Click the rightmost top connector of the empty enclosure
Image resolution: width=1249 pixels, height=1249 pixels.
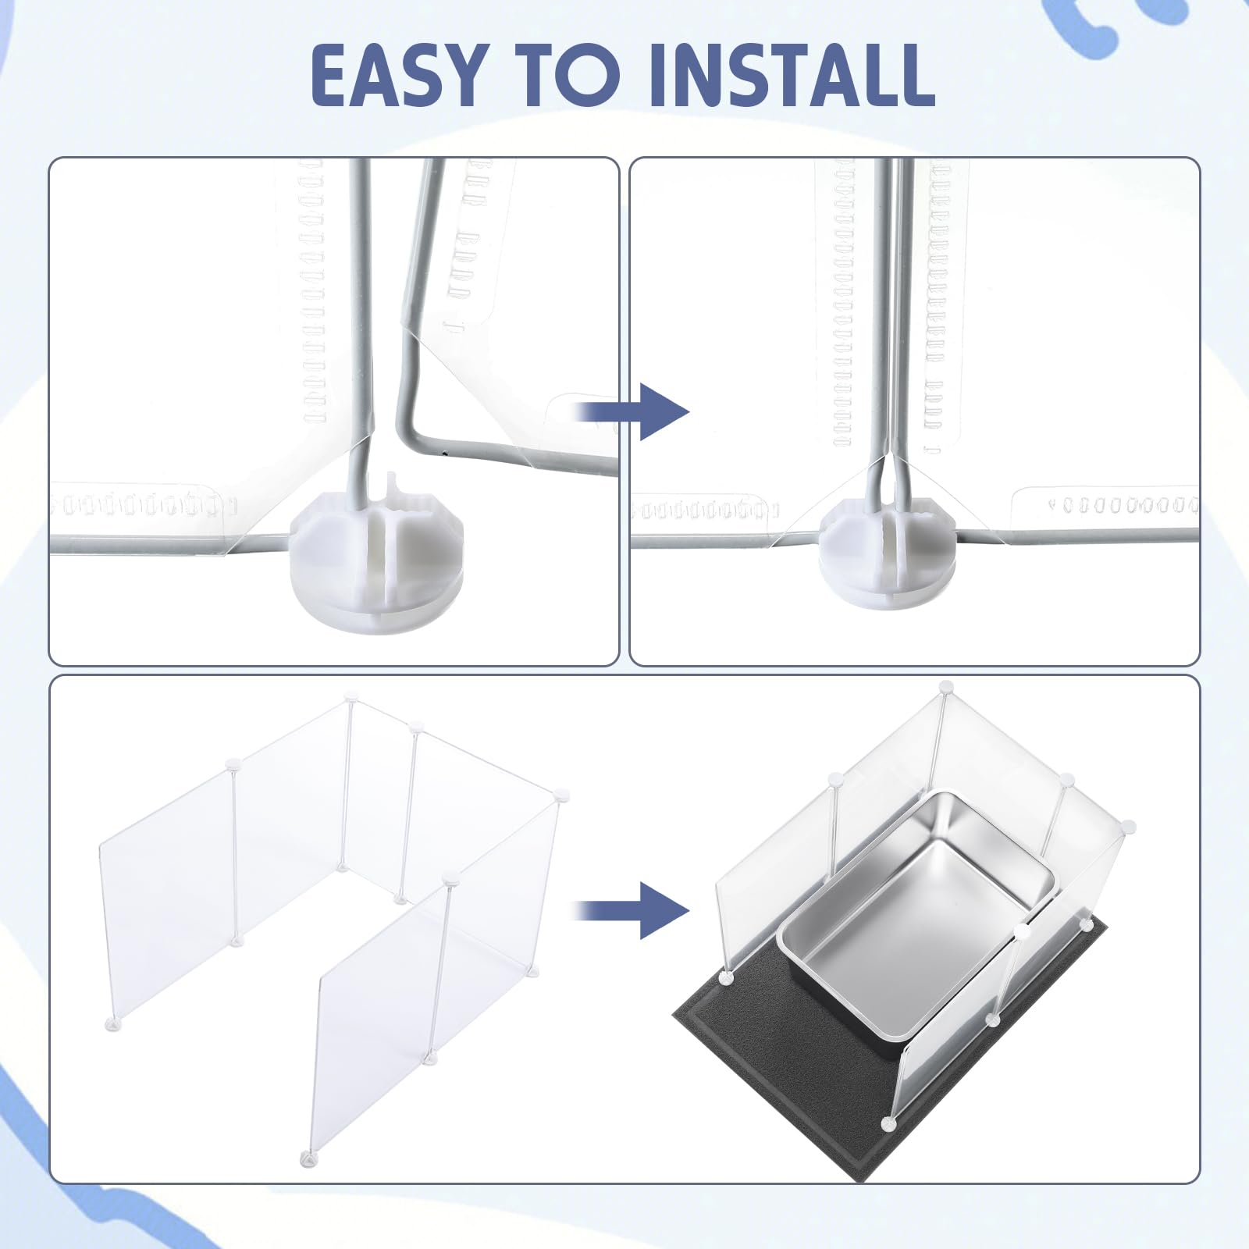(560, 795)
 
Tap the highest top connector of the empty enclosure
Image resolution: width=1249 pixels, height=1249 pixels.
(351, 694)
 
